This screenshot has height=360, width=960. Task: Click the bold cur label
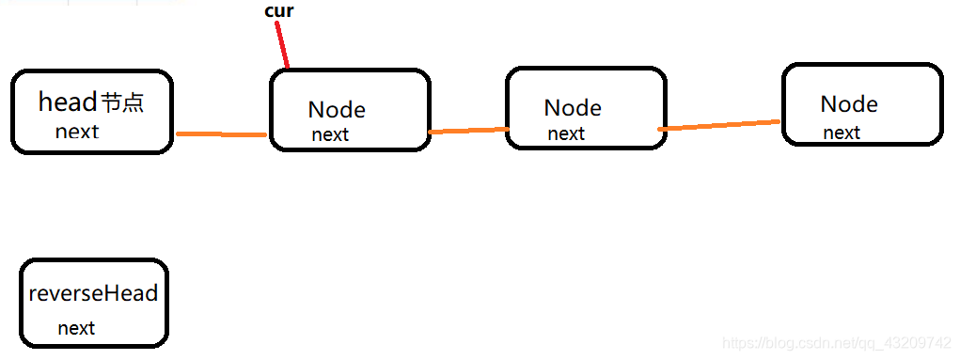tap(278, 11)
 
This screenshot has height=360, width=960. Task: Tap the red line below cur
tap(282, 45)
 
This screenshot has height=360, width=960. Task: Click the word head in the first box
tap(68, 102)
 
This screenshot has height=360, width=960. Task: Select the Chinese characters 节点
tap(122, 102)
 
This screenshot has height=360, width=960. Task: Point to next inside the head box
tap(76, 131)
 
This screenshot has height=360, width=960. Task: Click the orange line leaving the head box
tap(221, 134)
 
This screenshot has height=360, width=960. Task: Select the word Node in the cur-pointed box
tap(337, 110)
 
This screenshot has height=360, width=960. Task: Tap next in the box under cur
tap(330, 134)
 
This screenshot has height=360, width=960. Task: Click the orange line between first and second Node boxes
tap(469, 131)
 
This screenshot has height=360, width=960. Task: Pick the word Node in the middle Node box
tap(573, 108)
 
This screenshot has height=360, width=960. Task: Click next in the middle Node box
tap(566, 133)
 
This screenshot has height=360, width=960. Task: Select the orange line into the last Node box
tap(719, 126)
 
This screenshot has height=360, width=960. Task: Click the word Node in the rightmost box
tap(849, 104)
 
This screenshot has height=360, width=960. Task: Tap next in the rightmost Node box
tap(842, 133)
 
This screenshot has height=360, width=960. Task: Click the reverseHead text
tap(94, 293)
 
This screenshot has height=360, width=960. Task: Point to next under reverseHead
tap(76, 328)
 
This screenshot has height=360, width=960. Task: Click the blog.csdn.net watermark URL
tap(836, 341)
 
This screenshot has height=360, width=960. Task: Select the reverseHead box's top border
tap(94, 260)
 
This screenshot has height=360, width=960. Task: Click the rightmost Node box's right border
tap(941, 104)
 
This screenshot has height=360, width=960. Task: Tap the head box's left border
tap(13, 112)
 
